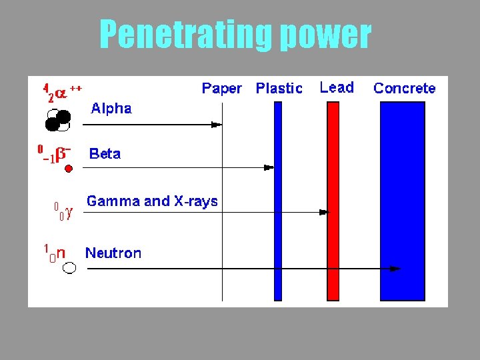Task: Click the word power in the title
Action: point(325,34)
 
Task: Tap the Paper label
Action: point(221,88)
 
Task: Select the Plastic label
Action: point(279,88)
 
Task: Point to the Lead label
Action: point(337,87)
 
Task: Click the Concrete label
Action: point(405,88)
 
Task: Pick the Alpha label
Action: point(111,108)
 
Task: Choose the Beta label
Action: point(105,154)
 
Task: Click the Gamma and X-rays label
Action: point(152,201)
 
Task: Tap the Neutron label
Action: point(113,253)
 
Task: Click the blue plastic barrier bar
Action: point(279,200)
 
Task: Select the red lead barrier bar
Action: point(333,200)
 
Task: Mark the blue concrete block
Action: point(402,200)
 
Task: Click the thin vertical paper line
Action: point(222,233)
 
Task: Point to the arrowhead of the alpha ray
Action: point(217,124)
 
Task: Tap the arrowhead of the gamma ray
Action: point(325,212)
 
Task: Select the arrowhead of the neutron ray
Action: point(395,269)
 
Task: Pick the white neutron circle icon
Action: point(69,268)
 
